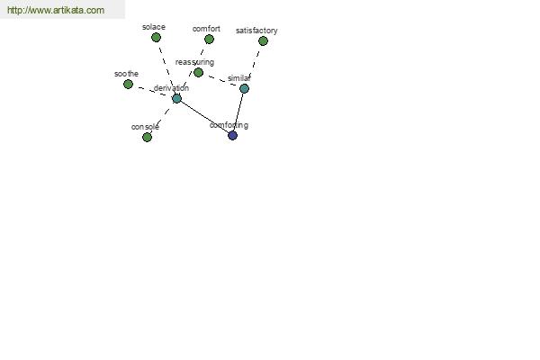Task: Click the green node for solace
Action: click(x=156, y=37)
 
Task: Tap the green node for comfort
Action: click(x=209, y=40)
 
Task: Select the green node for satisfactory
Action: click(x=263, y=41)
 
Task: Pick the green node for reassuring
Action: click(x=198, y=72)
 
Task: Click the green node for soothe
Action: click(x=128, y=84)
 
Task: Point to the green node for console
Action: click(x=147, y=137)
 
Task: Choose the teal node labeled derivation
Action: click(x=176, y=98)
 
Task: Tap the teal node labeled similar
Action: click(x=244, y=88)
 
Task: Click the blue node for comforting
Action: click(x=233, y=135)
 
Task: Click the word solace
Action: click(x=154, y=27)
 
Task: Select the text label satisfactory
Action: click(x=256, y=31)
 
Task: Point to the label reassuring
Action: click(x=194, y=62)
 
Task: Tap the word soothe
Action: click(x=126, y=74)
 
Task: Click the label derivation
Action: click(x=171, y=88)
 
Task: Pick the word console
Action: click(x=145, y=127)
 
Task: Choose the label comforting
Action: click(x=229, y=125)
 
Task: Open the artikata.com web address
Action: click(x=56, y=10)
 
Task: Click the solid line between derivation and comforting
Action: click(x=204, y=117)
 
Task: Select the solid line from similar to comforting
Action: click(x=238, y=112)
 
